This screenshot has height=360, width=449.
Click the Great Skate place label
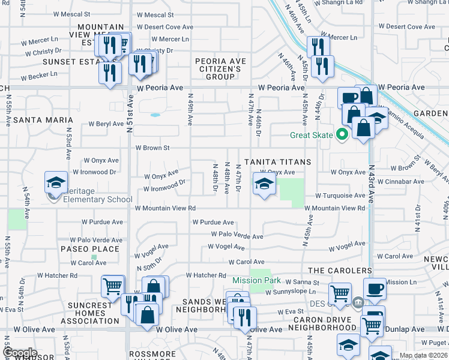coord(311,135)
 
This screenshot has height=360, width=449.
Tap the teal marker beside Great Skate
coord(342,134)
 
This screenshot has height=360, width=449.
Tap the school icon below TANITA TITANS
coord(264,185)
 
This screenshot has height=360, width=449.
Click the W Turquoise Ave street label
coord(340,196)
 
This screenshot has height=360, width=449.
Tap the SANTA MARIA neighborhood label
coord(43,120)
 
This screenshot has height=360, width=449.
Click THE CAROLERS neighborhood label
coord(337,271)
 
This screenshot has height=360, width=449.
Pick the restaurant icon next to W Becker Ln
coord(110,73)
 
